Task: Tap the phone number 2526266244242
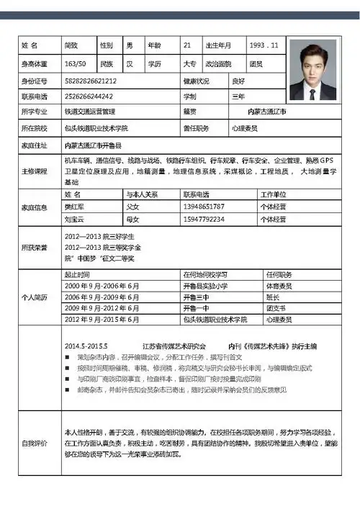[89, 96]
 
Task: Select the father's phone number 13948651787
[204, 207]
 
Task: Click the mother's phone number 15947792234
[204, 219]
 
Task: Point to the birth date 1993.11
[263, 45]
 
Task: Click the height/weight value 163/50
[75, 63]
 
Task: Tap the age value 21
[187, 45]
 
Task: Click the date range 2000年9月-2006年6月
[102, 286]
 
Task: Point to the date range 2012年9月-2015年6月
[102, 319]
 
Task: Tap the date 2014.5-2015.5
[90, 346]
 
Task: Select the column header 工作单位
[274, 194]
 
